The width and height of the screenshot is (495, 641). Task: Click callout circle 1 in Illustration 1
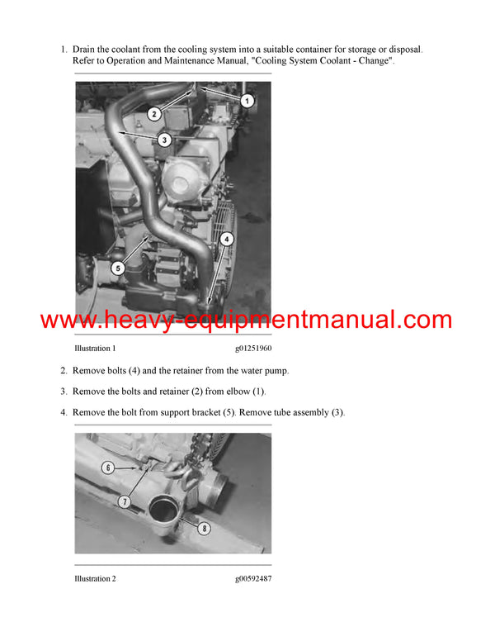247,99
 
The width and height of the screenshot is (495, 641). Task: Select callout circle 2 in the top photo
153,113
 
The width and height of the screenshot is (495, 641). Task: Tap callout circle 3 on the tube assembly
165,140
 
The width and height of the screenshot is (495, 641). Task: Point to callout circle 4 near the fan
227,239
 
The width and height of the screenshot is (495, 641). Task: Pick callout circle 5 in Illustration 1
118,268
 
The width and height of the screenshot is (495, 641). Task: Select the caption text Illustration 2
95,579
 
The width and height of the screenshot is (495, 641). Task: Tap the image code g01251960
252,349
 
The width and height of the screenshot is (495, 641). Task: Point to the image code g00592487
252,579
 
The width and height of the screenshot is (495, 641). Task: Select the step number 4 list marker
64,412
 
